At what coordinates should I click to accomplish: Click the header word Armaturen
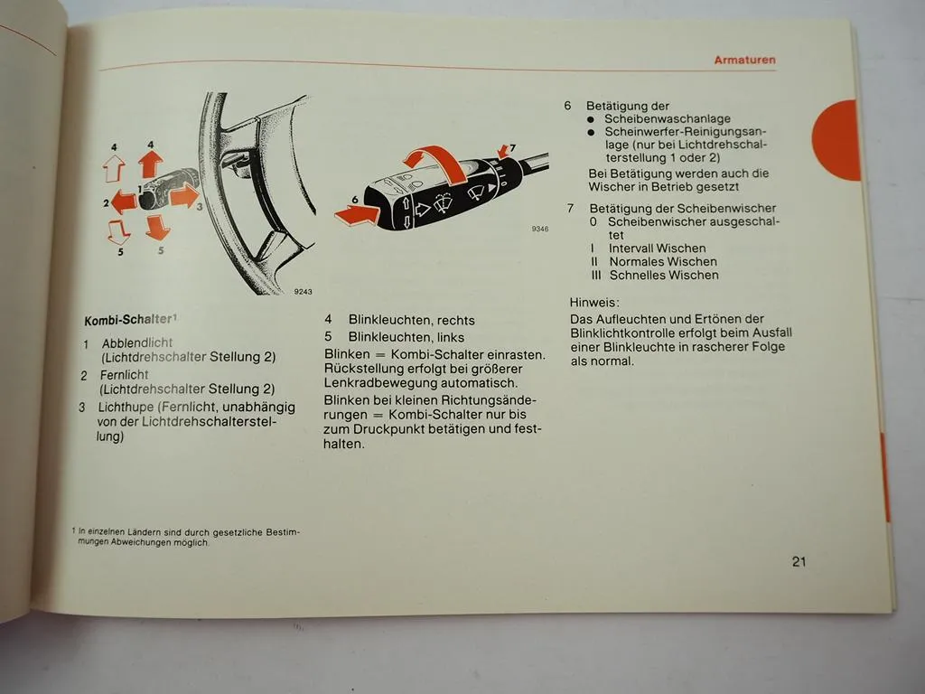(x=744, y=61)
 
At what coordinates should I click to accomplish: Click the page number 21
(x=799, y=561)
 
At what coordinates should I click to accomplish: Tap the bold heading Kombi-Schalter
(x=128, y=320)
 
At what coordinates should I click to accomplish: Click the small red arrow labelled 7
(x=502, y=150)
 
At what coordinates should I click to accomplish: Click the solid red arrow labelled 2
(x=125, y=202)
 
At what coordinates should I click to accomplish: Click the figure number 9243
(x=303, y=291)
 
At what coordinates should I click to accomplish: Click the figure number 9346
(x=539, y=230)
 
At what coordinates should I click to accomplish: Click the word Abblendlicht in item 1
(x=137, y=343)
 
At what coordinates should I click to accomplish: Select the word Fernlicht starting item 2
(x=126, y=374)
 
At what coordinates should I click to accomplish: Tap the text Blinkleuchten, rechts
(x=411, y=320)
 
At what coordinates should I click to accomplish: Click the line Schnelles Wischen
(x=664, y=275)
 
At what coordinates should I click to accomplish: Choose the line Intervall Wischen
(x=657, y=248)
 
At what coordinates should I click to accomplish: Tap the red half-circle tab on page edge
(x=837, y=140)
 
